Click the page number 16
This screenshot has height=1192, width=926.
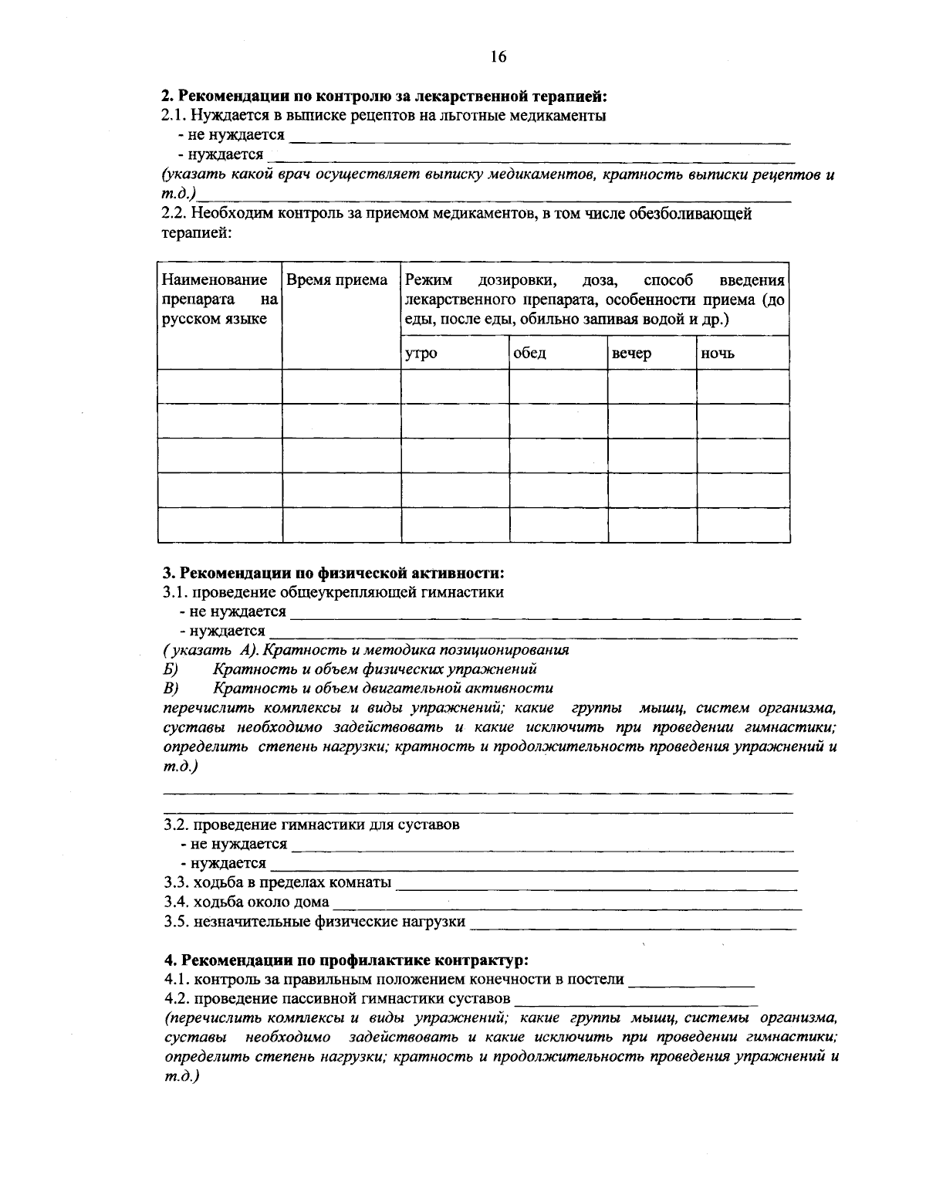(498, 56)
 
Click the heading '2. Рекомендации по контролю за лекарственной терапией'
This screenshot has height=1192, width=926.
(384, 97)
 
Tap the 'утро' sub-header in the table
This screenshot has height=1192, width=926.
(421, 354)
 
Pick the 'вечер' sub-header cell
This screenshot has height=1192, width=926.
(631, 354)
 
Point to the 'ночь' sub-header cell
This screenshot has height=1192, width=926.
(718, 354)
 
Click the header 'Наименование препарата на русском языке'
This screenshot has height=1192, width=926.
(219, 300)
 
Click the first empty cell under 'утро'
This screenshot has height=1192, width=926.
(455, 387)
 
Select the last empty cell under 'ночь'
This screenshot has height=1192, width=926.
(742, 525)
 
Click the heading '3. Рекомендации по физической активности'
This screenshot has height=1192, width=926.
(333, 573)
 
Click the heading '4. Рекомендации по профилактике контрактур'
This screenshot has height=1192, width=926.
(346, 960)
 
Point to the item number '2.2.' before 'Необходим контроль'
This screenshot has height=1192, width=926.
(174, 214)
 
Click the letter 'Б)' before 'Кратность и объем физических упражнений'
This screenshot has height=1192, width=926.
(171, 669)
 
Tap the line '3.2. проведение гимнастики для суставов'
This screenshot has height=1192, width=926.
(312, 825)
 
